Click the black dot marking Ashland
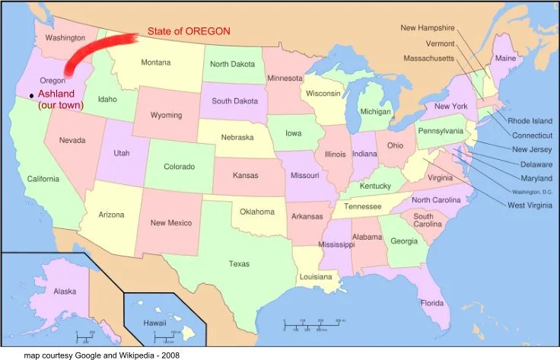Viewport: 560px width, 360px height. (x=31, y=94)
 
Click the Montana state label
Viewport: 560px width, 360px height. (x=156, y=62)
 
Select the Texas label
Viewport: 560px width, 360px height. (x=240, y=264)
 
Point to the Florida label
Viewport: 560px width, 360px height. (x=431, y=304)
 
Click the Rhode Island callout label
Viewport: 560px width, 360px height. (x=530, y=120)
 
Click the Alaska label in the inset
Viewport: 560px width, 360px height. (x=65, y=292)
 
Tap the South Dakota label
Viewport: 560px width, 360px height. (x=234, y=101)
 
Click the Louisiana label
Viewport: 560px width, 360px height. (x=315, y=277)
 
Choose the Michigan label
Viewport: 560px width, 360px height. (x=376, y=112)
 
